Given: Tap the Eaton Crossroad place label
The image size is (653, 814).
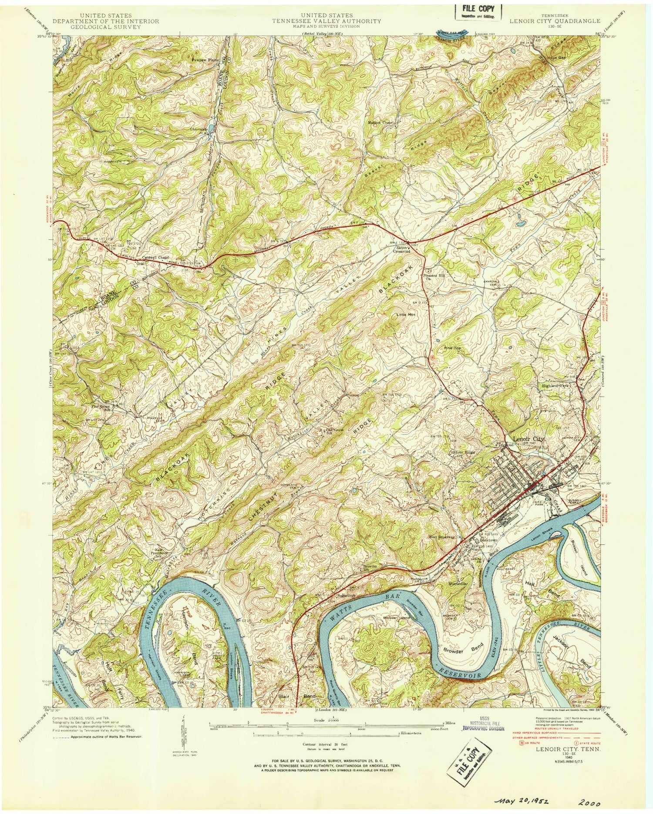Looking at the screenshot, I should (x=401, y=249).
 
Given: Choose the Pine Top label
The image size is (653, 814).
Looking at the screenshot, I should (x=451, y=348).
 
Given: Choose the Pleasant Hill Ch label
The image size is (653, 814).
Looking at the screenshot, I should (x=433, y=277).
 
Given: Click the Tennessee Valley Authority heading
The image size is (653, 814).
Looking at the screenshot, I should (x=326, y=20).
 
